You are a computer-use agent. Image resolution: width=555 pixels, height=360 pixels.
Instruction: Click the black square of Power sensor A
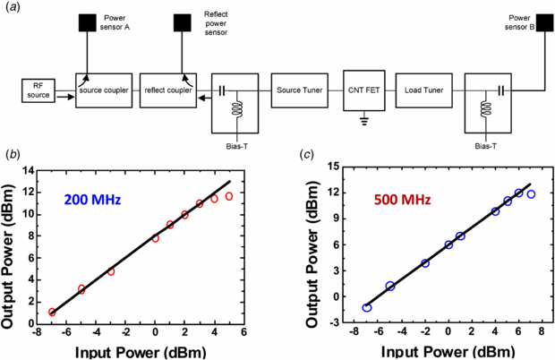click(89, 21)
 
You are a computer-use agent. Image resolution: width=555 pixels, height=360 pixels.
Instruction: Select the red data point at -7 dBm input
click(52, 313)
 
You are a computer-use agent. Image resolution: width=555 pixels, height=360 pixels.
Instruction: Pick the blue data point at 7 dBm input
click(531, 194)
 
